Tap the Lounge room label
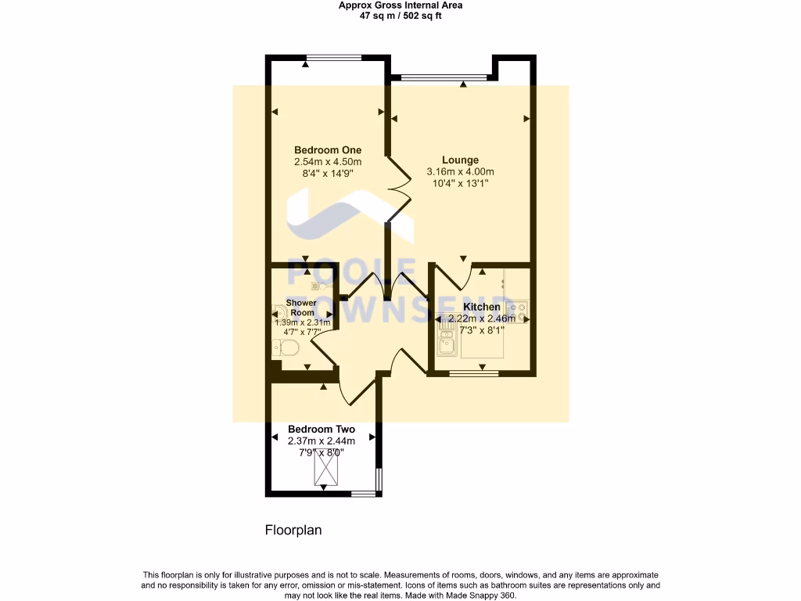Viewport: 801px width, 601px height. [460, 160]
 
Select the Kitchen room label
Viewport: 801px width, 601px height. [481, 307]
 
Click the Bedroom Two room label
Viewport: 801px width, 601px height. [321, 430]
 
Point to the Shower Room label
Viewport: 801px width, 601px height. [301, 308]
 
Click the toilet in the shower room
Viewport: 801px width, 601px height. [286, 347]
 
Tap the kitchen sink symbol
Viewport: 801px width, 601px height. [447, 343]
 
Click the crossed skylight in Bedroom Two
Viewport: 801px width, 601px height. [325, 470]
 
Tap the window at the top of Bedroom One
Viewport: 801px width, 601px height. [334, 57]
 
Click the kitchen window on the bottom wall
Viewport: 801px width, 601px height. [473, 374]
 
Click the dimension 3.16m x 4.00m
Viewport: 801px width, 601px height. [460, 172]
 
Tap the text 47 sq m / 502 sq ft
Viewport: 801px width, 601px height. [400, 15]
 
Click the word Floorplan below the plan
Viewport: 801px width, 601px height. [293, 530]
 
